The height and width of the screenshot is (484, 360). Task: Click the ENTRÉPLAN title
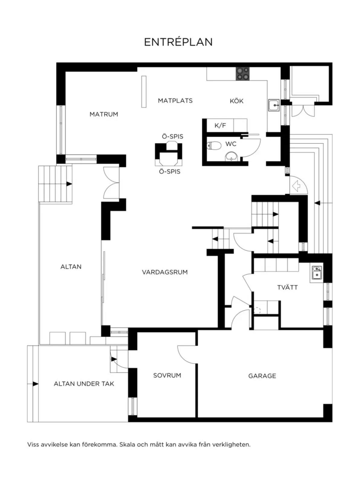pos(178,42)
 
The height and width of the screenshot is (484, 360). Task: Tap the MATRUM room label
pos(104,114)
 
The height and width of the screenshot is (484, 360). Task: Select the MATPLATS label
pos(175,101)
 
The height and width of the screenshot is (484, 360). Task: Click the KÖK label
pos(237,101)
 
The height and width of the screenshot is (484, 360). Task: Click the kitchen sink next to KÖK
pos(274,105)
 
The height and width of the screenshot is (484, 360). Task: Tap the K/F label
pos(220,126)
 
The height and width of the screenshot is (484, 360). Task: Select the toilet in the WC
pos(214,146)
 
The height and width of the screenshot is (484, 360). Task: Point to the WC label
pos(231,144)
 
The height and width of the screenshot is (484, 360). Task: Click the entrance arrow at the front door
pos(296,186)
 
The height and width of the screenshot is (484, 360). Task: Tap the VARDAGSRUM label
pos(165,272)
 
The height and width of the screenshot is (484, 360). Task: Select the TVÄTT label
pos(287,287)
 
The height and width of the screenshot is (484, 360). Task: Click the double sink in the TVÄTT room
pos(316,273)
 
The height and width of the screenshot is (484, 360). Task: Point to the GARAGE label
pos(262,376)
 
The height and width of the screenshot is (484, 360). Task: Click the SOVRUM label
pos(167,375)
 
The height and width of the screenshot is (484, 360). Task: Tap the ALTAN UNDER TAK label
pos(84,384)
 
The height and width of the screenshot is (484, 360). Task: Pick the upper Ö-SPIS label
pos(173,136)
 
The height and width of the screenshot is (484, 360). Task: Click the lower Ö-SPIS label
pos(170,172)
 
